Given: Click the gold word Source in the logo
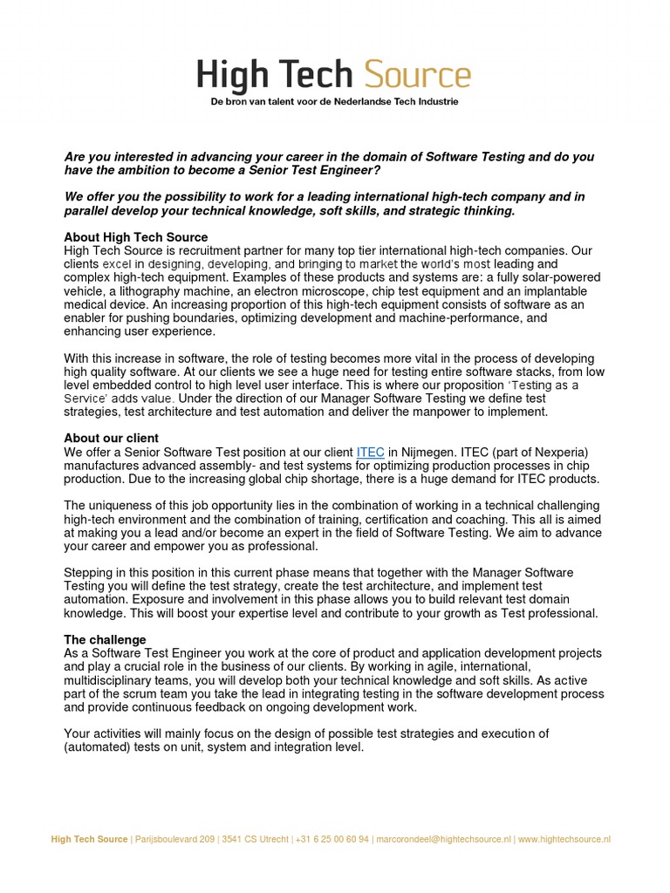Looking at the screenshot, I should [416, 77].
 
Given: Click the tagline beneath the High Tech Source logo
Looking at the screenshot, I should [334, 102].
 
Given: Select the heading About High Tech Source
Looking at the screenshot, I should [136, 237].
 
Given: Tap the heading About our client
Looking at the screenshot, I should [112, 438].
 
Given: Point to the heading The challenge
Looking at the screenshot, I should [99, 640].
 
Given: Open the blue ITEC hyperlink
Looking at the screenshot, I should [371, 452].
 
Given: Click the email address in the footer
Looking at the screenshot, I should [443, 839].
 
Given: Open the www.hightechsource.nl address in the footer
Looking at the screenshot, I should [564, 839].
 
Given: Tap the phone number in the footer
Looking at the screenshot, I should [332, 839].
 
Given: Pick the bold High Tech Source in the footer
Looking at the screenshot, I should [89, 839].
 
